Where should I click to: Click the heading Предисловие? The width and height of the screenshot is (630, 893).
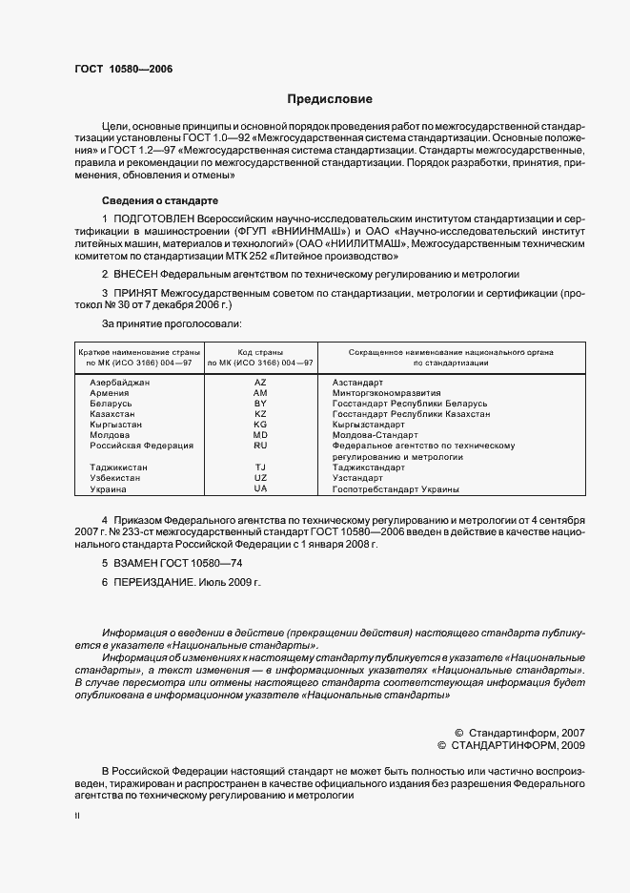[x=330, y=99]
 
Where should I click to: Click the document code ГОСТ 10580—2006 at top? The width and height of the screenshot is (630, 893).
[x=118, y=69]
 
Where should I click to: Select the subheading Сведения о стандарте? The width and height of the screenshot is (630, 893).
[x=160, y=200]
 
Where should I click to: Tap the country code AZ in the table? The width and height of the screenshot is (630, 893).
[x=260, y=382]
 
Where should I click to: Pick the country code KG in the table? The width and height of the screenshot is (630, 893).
[x=260, y=424]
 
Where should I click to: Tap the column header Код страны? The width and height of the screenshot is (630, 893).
[x=260, y=352]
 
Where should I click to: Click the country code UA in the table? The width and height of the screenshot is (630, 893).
[x=260, y=488]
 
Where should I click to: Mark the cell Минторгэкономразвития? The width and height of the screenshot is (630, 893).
[x=386, y=392]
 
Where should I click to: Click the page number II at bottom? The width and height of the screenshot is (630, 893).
[x=77, y=816]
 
